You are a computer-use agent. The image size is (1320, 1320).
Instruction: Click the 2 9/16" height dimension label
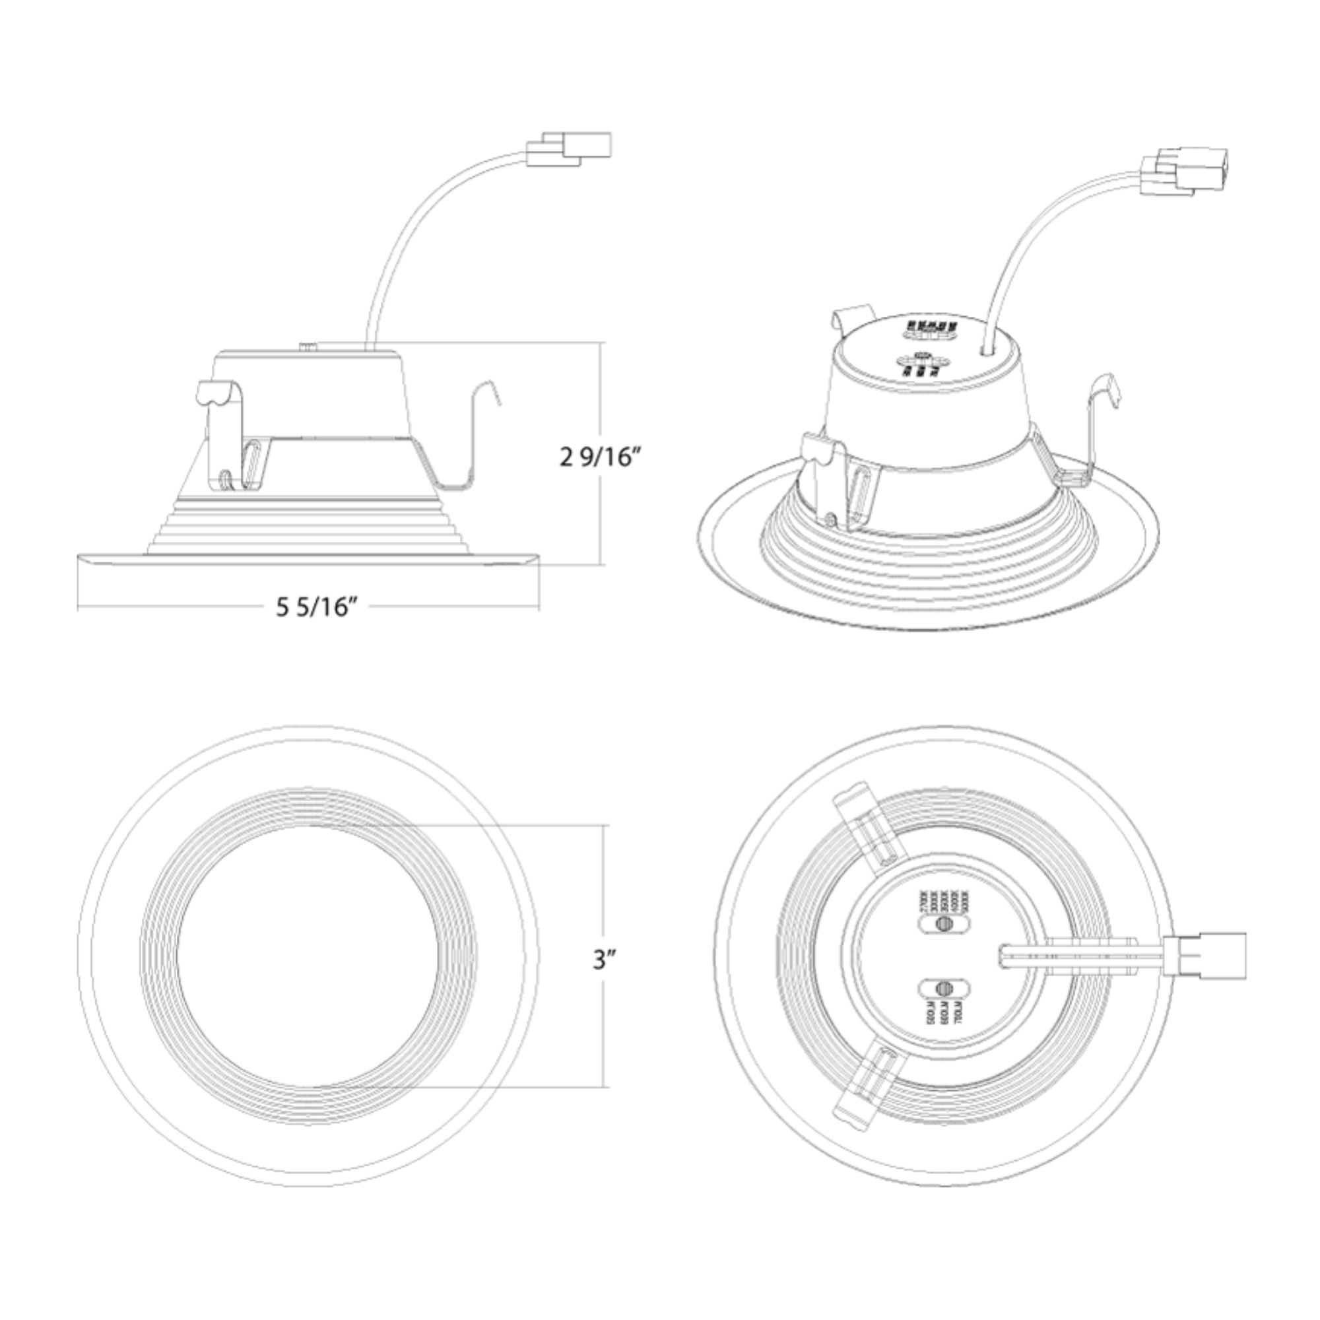[601, 457]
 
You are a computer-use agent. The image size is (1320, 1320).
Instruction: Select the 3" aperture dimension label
[605, 960]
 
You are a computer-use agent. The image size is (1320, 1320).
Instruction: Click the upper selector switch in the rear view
[944, 925]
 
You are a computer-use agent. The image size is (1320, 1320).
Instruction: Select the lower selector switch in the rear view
[944, 988]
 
